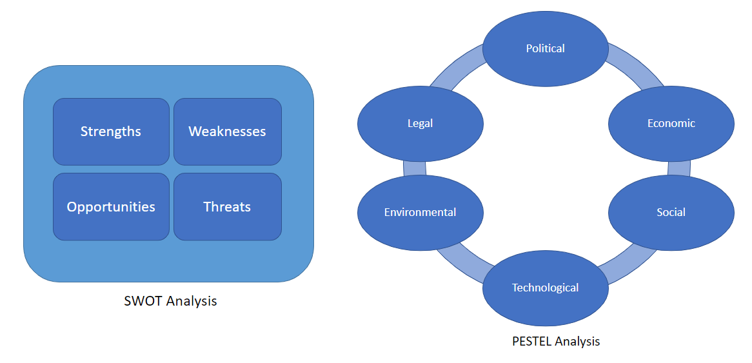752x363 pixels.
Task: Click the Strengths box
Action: point(111,132)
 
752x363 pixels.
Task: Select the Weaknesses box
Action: point(227,132)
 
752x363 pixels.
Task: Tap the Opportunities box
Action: point(111,207)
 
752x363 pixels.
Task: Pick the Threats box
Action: point(227,207)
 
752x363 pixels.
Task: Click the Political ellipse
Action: point(545,48)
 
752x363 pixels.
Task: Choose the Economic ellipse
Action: point(671,124)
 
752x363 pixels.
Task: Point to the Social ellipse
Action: point(671,212)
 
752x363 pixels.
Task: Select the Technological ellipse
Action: point(545,288)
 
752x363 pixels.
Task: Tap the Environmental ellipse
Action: point(420,212)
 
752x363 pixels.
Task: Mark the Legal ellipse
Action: point(420,124)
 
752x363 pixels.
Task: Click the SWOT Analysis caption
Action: point(170,301)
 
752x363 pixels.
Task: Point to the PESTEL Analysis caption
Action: point(556,342)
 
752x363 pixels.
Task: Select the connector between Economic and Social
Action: point(679,168)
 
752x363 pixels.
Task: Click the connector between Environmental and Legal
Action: point(415,168)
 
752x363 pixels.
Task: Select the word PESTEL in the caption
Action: point(532,342)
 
